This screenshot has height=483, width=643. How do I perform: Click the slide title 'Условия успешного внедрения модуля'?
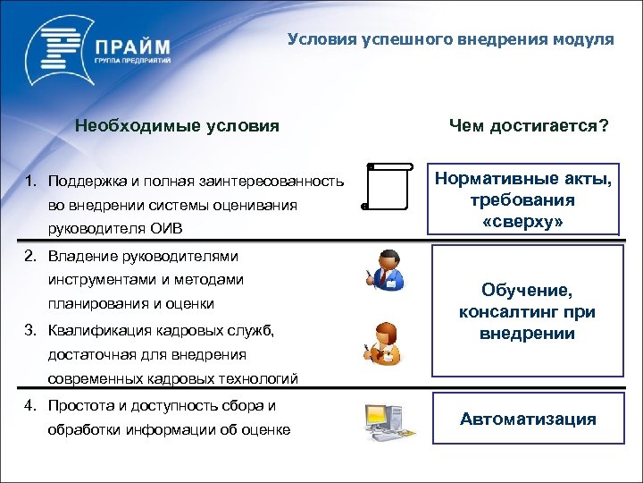click(451, 39)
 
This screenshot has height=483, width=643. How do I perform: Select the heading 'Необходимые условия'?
click(177, 126)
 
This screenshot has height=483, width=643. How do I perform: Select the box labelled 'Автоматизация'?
click(527, 419)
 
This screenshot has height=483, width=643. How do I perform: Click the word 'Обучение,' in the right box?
click(526, 292)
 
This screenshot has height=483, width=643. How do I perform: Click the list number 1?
click(29, 182)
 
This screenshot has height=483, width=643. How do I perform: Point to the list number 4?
click(29, 406)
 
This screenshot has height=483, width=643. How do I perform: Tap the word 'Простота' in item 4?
click(79, 406)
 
